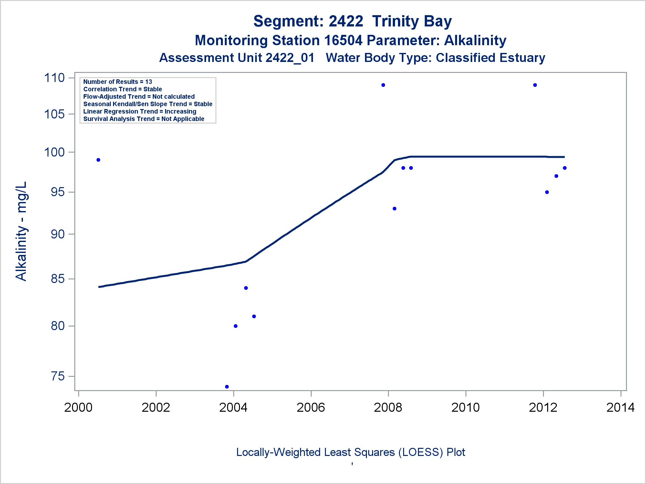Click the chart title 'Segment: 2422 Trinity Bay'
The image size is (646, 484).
click(352, 21)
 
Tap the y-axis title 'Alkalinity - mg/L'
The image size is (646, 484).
click(22, 231)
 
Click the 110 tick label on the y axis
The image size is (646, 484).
click(54, 78)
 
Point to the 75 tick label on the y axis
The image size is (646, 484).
click(58, 376)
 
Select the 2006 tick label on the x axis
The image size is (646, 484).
click(311, 408)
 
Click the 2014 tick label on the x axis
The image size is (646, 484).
click(620, 408)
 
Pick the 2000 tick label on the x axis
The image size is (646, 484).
click(78, 408)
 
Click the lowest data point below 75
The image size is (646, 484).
click(227, 387)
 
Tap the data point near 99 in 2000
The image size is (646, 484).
click(99, 160)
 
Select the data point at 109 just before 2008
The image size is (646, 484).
click(383, 85)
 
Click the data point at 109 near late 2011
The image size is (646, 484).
click(535, 85)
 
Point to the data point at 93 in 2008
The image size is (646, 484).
click(394, 209)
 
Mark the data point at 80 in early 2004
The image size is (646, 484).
click(235, 326)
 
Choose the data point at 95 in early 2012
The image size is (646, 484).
click(547, 192)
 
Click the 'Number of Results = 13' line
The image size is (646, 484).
click(118, 82)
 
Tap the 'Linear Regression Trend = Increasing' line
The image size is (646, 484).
click(140, 112)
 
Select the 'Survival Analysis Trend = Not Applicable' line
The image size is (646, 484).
click(144, 119)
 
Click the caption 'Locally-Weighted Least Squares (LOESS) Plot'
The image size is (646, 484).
click(350, 452)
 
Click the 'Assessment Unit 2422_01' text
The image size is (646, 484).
click(237, 58)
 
